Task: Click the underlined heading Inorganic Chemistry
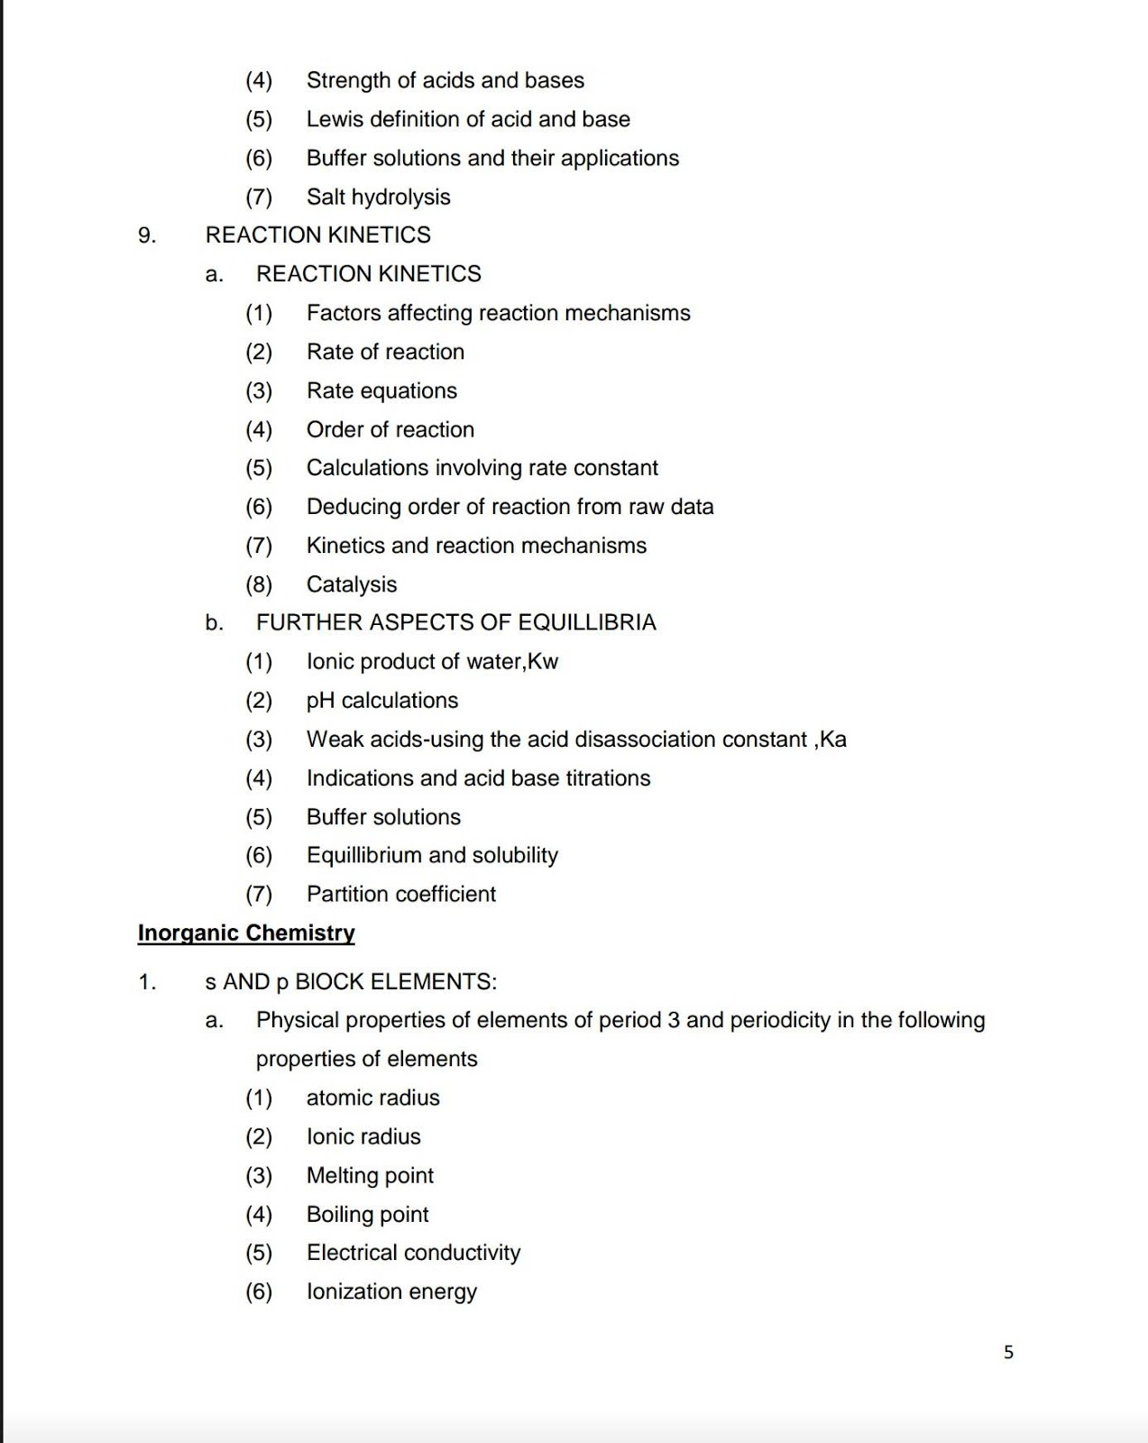point(246,933)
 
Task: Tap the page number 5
point(1008,1352)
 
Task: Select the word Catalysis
point(352,584)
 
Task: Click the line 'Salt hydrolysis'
point(378,197)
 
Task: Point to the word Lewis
point(335,119)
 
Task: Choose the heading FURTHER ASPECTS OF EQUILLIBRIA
point(455,622)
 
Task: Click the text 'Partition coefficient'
point(400,894)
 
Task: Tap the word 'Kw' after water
point(543,661)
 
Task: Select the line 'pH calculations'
point(381,700)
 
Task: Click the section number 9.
point(147,235)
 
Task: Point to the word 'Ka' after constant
point(833,740)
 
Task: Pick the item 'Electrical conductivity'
point(413,1253)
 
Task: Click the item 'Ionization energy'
point(391,1291)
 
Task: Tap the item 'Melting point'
point(370,1175)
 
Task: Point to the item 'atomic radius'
point(372,1098)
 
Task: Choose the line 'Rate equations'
point(381,391)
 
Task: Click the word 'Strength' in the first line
point(348,80)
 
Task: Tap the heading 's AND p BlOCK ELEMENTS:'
point(351,981)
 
